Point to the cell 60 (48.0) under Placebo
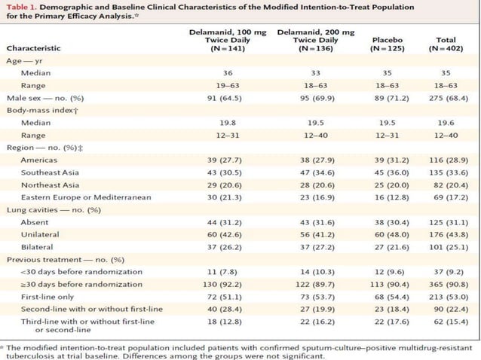coord(385,233)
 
